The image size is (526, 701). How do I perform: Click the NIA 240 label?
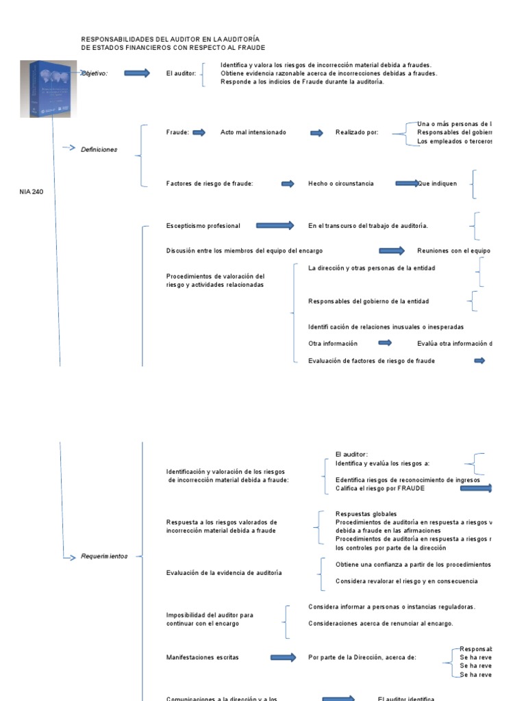coord(31,192)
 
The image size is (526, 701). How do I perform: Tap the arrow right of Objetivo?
coord(137,73)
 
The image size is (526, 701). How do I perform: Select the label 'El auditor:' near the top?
coord(181,73)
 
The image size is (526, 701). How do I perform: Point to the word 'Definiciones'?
coord(99,149)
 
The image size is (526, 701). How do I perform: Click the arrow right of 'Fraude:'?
coord(199,133)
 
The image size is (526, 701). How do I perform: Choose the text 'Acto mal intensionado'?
coord(253,133)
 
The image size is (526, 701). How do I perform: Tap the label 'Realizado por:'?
coord(357,133)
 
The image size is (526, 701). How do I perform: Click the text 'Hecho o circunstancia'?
coord(341,183)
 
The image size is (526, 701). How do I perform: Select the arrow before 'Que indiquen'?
coord(407,183)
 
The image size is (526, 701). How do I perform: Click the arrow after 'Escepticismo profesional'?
coord(275,225)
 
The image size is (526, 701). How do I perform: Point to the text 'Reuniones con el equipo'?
coord(453,251)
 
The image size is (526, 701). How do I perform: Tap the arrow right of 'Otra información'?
coord(385,343)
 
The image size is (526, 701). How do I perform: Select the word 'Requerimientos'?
coord(104,557)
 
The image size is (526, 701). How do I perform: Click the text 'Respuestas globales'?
coord(366,514)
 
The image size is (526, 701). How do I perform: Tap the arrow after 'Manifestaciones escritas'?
coord(283,657)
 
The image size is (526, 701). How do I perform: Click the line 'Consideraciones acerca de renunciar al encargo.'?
coord(381,623)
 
